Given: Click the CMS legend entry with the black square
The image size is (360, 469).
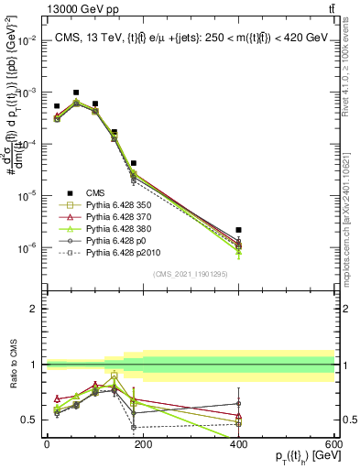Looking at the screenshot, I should pos(96,192).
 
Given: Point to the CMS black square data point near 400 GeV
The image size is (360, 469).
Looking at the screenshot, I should pos(238,230).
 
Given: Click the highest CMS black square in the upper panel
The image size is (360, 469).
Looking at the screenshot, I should pos(76,93).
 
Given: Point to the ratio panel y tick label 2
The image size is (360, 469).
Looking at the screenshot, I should pos(34,310).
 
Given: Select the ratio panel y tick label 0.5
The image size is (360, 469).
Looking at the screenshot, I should pos(29,420).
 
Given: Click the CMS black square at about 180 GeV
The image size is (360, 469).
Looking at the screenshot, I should pos(134,163).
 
